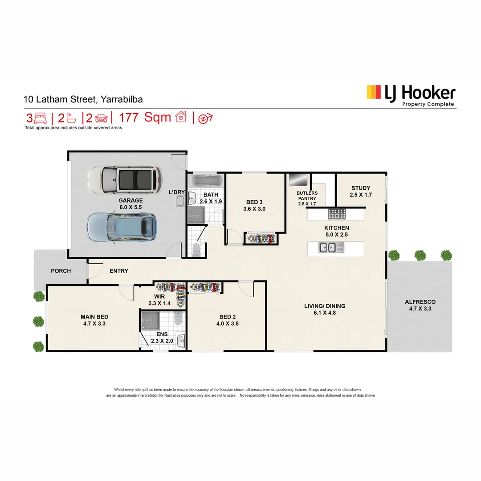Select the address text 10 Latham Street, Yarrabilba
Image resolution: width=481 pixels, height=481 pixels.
[83, 100]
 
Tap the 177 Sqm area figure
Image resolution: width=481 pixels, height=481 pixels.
[151, 118]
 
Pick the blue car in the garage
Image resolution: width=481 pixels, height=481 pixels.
[122, 227]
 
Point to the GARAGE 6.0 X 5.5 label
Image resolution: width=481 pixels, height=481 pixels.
[130, 204]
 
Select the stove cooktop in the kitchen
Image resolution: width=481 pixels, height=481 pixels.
[337, 214]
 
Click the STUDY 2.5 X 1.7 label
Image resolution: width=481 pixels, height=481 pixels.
[361, 191]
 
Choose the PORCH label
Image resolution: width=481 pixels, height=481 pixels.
[61, 271]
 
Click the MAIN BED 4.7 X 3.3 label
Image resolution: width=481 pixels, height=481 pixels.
[94, 320]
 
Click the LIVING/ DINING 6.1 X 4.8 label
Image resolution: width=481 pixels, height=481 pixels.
[325, 309]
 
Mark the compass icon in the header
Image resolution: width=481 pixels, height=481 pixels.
[205, 118]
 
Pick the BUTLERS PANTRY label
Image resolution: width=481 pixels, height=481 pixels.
[307, 198]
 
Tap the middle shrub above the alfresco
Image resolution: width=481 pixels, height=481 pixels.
[420, 255]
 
